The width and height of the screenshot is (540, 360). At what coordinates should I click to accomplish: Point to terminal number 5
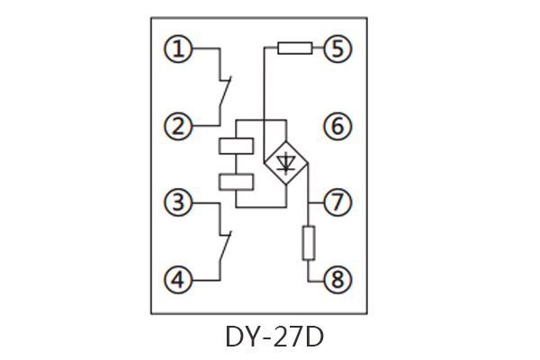337,49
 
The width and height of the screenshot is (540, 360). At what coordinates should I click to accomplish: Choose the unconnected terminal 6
337,126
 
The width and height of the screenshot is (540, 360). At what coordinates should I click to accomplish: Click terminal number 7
337,203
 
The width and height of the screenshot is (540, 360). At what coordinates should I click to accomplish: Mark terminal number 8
337,281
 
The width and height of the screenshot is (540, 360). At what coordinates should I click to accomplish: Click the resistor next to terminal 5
294,49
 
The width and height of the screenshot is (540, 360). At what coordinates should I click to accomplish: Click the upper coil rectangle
236,146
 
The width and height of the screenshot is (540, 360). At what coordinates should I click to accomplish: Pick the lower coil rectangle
236,182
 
